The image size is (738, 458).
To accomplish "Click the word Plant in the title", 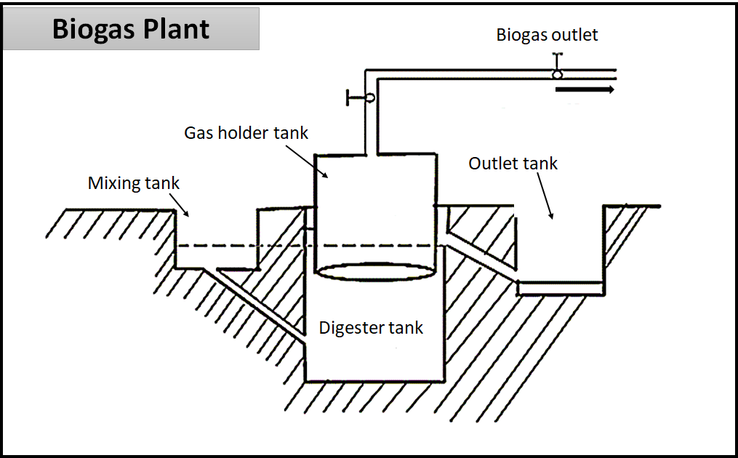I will pyautogui.click(x=177, y=30).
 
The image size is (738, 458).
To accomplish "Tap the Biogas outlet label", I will pyautogui.click(x=547, y=35).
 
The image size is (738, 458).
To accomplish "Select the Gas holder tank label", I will pyautogui.click(x=246, y=133).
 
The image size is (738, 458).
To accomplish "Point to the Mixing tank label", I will pyautogui.click(x=133, y=182).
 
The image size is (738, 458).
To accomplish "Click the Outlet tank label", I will pyautogui.click(x=513, y=164).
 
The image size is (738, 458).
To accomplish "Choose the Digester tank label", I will pyautogui.click(x=371, y=328).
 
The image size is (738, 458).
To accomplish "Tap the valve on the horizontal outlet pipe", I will pyautogui.click(x=557, y=73).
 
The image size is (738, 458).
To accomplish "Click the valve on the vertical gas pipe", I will pyautogui.click(x=369, y=97).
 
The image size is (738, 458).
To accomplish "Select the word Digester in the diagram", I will pyautogui.click(x=350, y=328).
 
